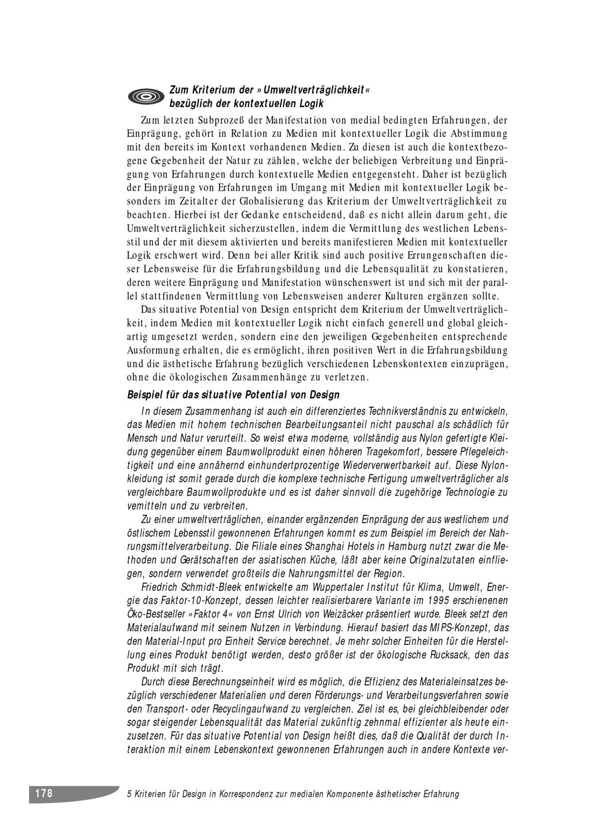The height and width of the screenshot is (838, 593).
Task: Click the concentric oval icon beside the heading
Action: coord(145,96)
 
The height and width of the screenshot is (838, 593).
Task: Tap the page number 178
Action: coord(44,794)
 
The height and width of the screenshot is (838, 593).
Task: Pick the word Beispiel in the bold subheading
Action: coord(144,395)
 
